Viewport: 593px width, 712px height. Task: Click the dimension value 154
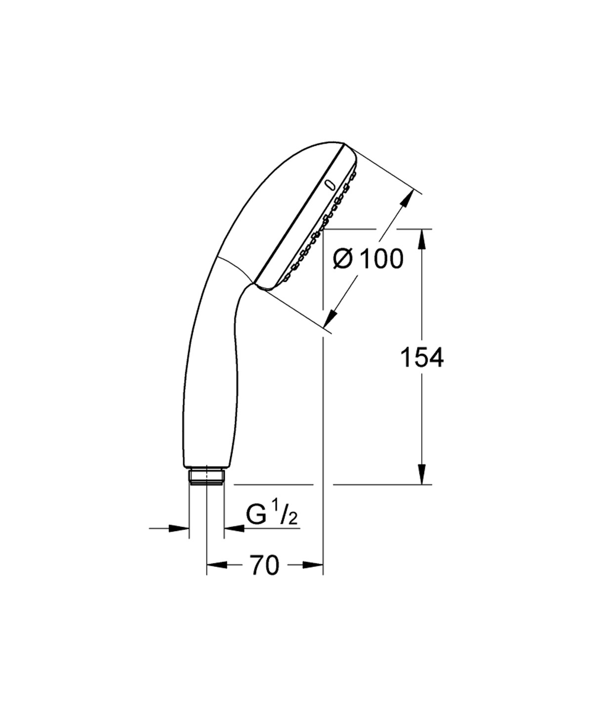coord(422,357)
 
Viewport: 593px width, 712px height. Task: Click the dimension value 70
coord(264,565)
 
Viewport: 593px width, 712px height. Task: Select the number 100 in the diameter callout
coord(381,259)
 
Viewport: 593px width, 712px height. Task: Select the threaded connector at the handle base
coord(207,477)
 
